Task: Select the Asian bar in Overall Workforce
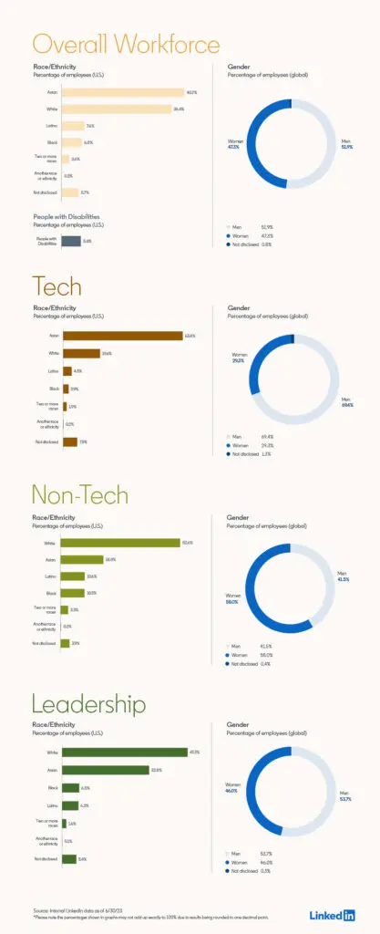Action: (x=122, y=92)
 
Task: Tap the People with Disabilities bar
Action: (x=70, y=242)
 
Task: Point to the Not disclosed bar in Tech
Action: (x=68, y=442)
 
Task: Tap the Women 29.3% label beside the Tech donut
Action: (x=240, y=358)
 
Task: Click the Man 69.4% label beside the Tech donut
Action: (x=346, y=402)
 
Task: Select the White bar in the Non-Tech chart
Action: (x=120, y=543)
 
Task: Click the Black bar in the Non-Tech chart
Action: (x=72, y=593)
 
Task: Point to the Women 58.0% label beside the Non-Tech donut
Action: (x=233, y=599)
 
